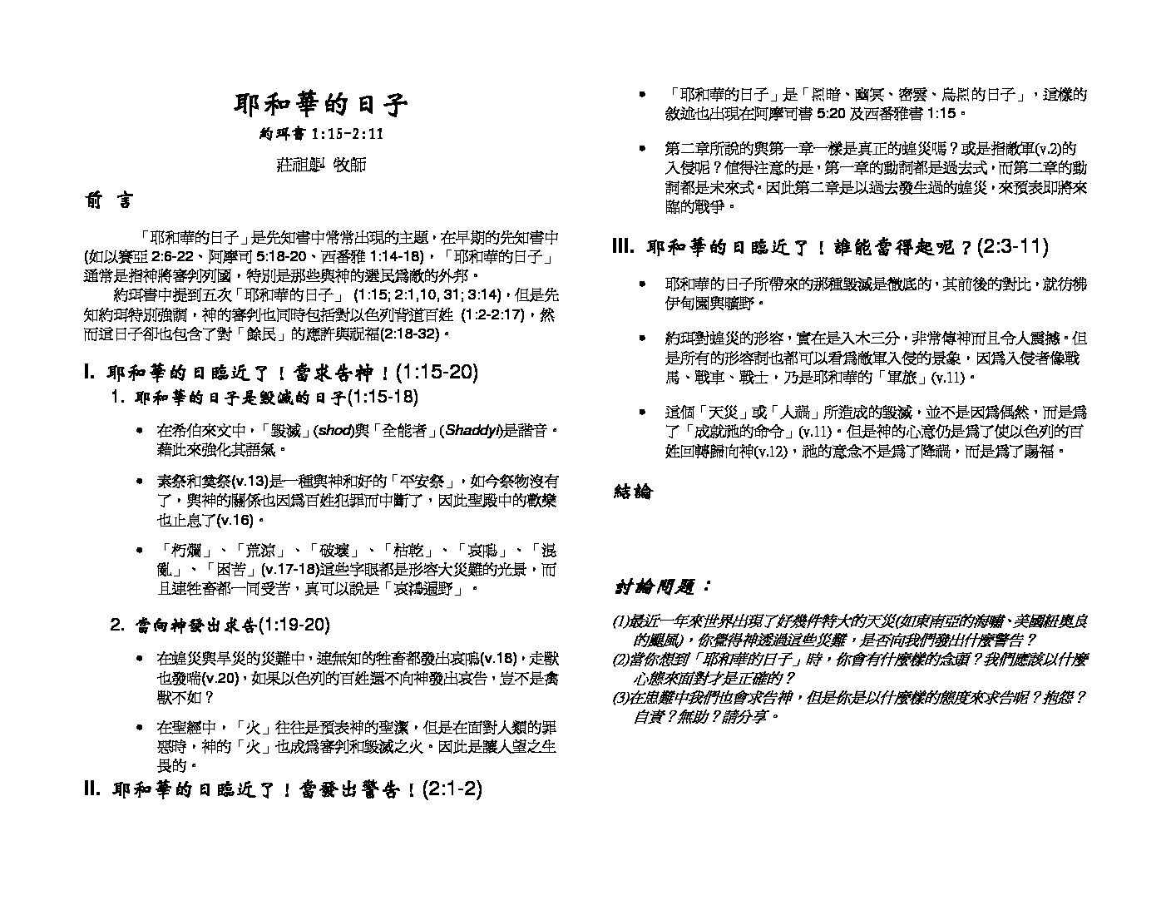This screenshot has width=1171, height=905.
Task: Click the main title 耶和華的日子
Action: pyautogui.click(x=321, y=105)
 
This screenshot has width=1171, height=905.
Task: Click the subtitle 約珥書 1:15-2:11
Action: pyautogui.click(x=321, y=134)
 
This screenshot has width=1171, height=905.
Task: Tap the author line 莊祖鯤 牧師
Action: pyautogui.click(x=321, y=165)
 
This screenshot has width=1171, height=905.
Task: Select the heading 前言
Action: pyautogui.click(x=107, y=201)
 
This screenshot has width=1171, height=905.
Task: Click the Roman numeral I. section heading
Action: pyautogui.click(x=281, y=372)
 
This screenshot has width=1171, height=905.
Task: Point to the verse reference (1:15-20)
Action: pyautogui.click(x=437, y=372)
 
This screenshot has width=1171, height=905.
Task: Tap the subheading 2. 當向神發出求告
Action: pyautogui.click(x=220, y=625)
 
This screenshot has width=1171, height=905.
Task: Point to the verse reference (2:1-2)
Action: pyautogui.click(x=452, y=789)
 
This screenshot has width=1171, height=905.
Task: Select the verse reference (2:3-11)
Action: pyautogui.click(x=1012, y=246)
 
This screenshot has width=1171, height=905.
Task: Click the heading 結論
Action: pyautogui.click(x=634, y=492)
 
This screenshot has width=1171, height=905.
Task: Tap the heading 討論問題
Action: pyautogui.click(x=662, y=587)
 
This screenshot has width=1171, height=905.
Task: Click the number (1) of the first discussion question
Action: pyautogui.click(x=620, y=621)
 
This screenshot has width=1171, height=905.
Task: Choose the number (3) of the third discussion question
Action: pyautogui.click(x=620, y=698)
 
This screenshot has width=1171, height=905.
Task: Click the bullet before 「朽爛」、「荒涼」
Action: pyautogui.click(x=138, y=551)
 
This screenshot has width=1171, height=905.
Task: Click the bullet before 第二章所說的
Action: pyautogui.click(x=642, y=149)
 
